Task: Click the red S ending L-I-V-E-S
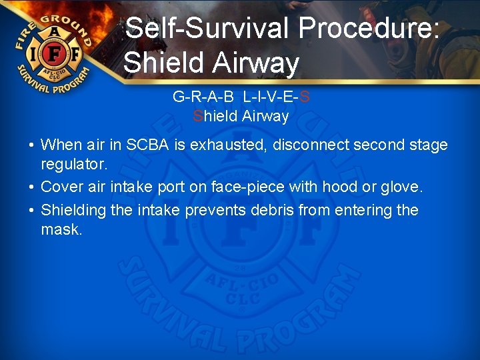(x=305, y=97)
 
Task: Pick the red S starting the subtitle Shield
(x=197, y=117)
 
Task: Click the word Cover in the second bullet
(x=63, y=188)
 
